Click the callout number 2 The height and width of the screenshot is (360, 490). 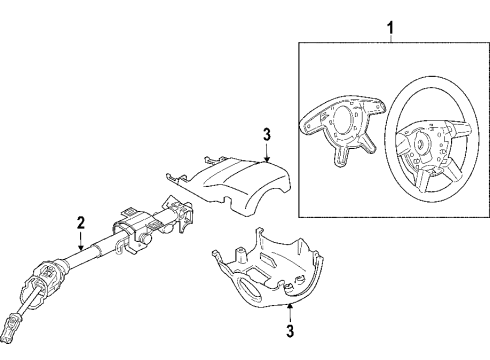click(x=80, y=224)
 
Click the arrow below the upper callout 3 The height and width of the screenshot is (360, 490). click(x=267, y=152)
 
